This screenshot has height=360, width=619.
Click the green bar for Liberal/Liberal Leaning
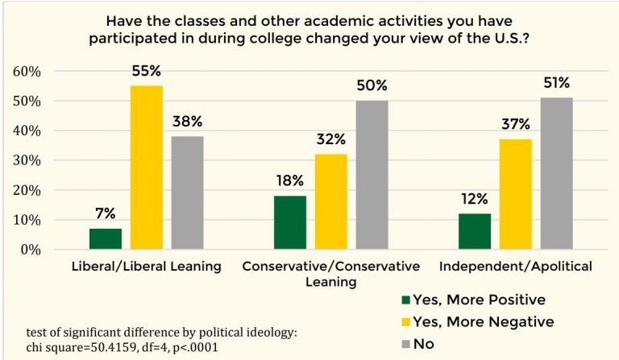105,239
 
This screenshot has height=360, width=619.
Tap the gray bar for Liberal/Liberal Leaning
187,192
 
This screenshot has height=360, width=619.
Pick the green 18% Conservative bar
290,223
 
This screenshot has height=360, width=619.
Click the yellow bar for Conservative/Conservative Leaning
331,202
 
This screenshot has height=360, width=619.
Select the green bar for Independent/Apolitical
475,232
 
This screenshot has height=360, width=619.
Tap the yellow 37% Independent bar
516,194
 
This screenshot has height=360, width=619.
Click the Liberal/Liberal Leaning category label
145,267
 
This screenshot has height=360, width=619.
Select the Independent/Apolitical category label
516,267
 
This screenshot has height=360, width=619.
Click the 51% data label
557,82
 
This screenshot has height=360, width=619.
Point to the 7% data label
106,213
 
